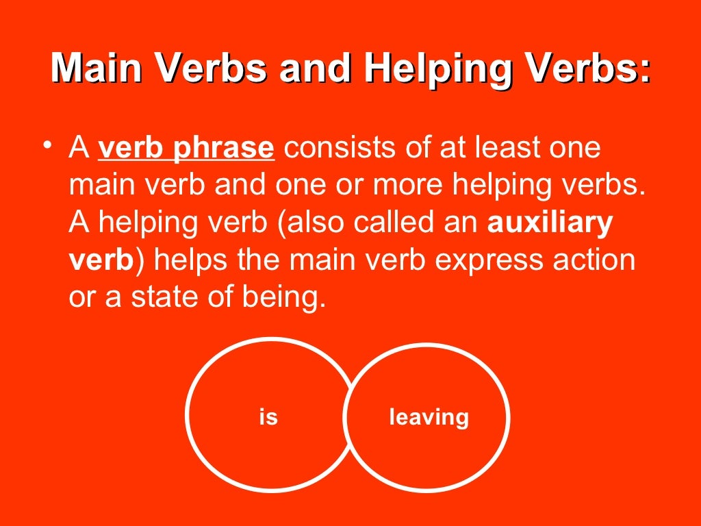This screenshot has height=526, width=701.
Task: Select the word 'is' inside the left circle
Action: point(268,416)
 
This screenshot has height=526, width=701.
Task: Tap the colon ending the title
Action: point(643,71)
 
